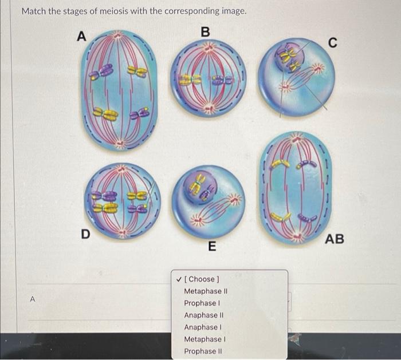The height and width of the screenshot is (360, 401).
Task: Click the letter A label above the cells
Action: coord(81,35)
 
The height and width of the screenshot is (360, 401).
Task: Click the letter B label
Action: coord(205,32)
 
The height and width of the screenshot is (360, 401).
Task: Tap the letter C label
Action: coord(332,42)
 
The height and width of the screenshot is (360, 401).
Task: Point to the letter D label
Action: coord(86,234)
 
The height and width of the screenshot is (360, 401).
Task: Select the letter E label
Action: coord(212,246)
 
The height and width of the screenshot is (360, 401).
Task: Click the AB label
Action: coord(335,239)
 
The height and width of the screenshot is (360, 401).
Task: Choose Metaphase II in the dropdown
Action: coord(206,291)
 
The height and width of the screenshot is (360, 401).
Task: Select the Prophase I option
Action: coord(202,303)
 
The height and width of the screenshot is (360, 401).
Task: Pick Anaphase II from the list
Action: coord(204,315)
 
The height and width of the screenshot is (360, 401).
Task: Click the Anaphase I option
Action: coord(203,327)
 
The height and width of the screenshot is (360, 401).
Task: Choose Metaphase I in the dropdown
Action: coord(205,339)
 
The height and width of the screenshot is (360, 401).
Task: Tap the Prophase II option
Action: coord(203,351)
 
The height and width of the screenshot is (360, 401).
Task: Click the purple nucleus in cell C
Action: coord(289,60)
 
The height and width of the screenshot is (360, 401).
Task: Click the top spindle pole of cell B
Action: coord(209,48)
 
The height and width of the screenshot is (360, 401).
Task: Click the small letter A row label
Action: coord(33,299)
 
